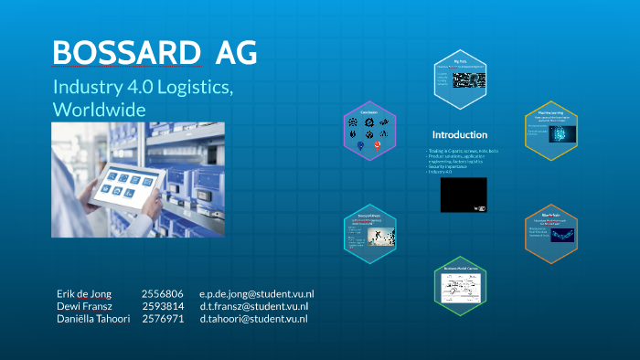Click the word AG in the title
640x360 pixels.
(236, 53)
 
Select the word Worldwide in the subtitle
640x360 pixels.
(100, 109)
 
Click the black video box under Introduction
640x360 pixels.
(464, 195)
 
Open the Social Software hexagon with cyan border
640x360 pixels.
(368, 233)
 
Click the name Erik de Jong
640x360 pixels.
(83, 293)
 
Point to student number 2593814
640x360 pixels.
(162, 306)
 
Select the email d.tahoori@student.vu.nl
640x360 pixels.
(253, 319)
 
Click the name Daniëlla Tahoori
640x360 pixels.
(93, 319)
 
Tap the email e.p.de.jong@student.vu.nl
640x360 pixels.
(256, 293)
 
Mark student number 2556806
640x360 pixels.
(162, 293)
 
